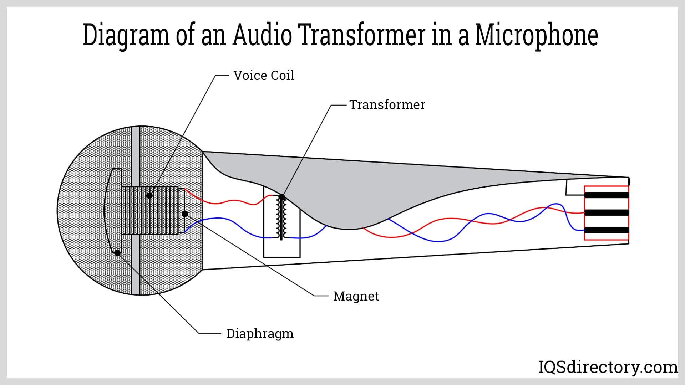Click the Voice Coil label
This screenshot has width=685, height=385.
pyautogui.click(x=264, y=76)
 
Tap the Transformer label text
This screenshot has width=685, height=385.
pyautogui.click(x=387, y=105)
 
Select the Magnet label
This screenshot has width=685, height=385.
pyautogui.click(x=356, y=296)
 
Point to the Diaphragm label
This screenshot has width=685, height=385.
pyautogui.click(x=260, y=334)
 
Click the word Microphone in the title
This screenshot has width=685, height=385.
pyautogui.click(x=536, y=35)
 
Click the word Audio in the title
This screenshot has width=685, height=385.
pyautogui.click(x=262, y=35)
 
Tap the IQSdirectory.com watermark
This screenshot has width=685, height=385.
pyautogui.click(x=608, y=367)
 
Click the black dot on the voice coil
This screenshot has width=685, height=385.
pyautogui.click(x=149, y=195)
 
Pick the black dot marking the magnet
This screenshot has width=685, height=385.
pyautogui.click(x=185, y=214)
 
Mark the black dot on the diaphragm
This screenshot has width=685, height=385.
pyautogui.click(x=117, y=252)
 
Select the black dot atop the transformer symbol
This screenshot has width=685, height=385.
pyautogui.click(x=282, y=197)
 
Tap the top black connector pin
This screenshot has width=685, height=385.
pyautogui.click(x=606, y=195)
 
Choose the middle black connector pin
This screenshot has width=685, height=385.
pyautogui.click(x=606, y=212)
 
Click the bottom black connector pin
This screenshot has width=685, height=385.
pyautogui.click(x=606, y=230)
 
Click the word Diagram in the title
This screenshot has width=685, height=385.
pyautogui.click(x=126, y=35)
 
